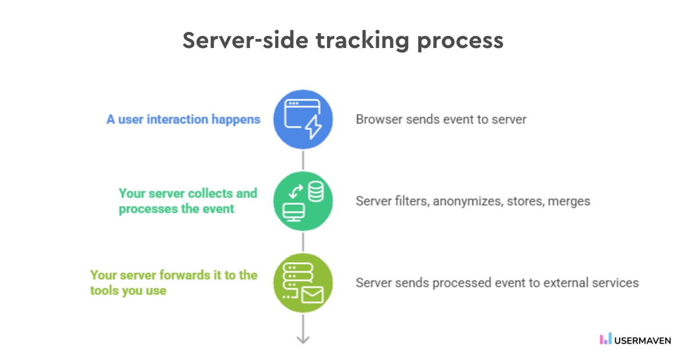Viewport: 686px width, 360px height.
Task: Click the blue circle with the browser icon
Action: click(303, 120)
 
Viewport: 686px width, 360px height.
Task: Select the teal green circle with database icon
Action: click(303, 202)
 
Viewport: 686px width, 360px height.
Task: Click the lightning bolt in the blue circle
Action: click(313, 127)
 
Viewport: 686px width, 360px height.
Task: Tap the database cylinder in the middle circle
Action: click(315, 191)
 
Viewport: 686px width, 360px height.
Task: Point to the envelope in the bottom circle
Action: click(312, 295)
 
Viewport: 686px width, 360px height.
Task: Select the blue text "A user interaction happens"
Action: click(184, 119)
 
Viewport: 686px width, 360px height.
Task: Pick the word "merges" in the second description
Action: click(569, 201)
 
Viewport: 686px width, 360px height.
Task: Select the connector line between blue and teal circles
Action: click(303, 161)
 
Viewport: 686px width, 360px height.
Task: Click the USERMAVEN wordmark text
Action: click(643, 340)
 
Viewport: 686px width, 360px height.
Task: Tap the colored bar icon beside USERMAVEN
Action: click(605, 339)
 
